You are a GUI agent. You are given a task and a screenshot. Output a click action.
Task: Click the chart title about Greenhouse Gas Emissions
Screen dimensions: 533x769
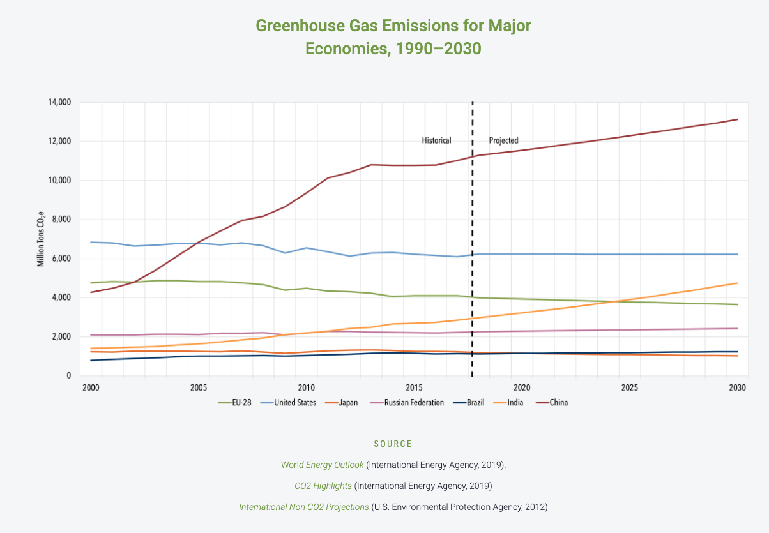click(x=393, y=37)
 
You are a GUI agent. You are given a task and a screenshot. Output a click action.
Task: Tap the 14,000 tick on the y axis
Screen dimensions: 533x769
click(x=59, y=102)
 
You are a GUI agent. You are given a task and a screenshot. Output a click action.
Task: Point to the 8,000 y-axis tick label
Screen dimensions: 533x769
click(x=61, y=220)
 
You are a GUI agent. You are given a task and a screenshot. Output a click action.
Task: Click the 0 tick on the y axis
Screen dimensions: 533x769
click(x=68, y=376)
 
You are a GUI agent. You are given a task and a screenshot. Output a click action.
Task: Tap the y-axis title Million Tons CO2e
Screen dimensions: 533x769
click(x=41, y=239)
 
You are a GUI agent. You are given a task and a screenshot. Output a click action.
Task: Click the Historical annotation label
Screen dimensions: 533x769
click(x=436, y=140)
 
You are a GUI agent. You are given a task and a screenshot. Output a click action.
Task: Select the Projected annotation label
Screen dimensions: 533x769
click(x=503, y=140)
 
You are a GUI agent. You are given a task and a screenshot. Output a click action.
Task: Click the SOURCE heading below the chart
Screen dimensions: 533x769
click(x=393, y=444)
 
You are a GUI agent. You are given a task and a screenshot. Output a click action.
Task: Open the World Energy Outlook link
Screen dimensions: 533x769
click(x=322, y=465)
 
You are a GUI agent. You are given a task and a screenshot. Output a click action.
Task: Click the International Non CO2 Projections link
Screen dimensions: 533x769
click(x=304, y=507)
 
